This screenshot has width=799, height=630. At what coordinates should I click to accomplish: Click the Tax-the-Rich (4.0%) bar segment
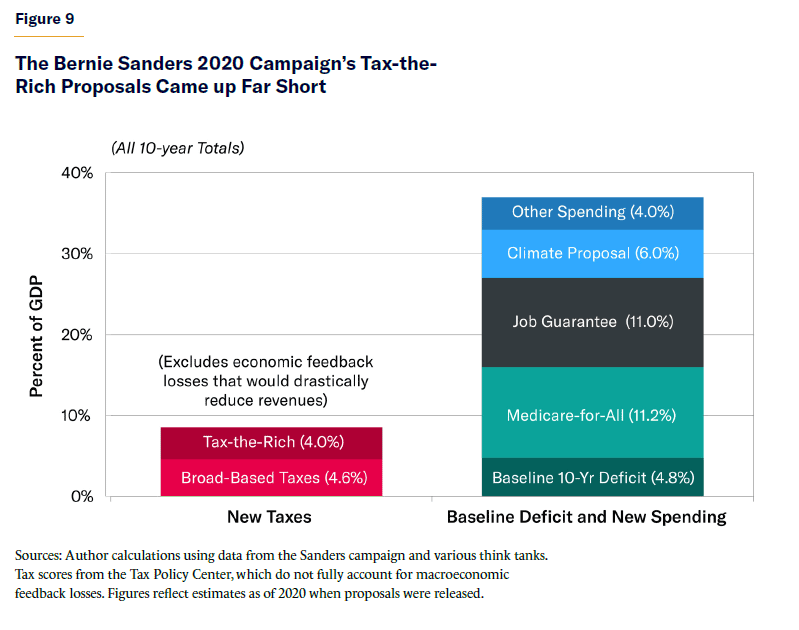click(271, 443)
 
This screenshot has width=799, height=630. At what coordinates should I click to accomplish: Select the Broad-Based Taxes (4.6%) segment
click(271, 477)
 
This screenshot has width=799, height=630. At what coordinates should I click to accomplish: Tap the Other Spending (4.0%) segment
click(593, 213)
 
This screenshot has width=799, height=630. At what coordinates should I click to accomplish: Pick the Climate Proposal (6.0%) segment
click(593, 253)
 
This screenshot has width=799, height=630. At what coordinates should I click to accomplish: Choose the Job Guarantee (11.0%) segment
click(593, 322)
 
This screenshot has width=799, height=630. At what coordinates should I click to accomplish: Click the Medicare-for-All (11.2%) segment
click(593, 413)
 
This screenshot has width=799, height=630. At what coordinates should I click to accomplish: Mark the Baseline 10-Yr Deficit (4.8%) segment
click(593, 477)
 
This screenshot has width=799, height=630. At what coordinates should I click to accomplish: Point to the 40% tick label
click(78, 172)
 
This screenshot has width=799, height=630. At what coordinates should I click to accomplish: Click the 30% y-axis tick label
click(78, 253)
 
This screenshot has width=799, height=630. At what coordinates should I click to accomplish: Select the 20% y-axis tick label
click(78, 334)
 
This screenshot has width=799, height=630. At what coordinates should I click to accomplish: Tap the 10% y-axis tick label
click(79, 415)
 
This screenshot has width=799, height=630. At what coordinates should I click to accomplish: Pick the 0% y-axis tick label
click(82, 496)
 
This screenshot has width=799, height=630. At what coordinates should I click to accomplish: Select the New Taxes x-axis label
click(271, 517)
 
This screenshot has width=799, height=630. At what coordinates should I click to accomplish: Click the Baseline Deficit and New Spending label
click(586, 517)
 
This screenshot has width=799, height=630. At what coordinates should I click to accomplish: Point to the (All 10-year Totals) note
click(177, 148)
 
